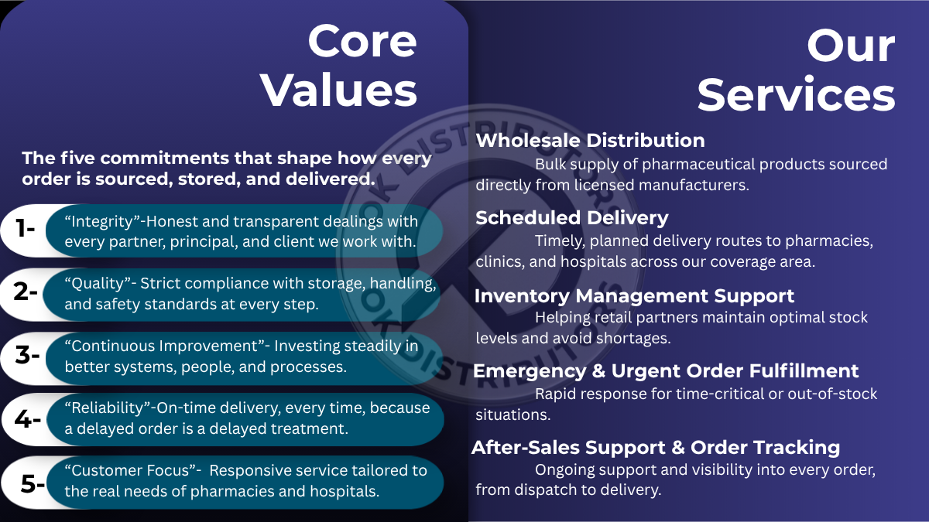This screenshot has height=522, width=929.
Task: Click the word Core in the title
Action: (362, 41)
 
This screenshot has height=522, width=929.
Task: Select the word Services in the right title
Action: (797, 95)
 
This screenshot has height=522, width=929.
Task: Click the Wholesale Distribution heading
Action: (590, 141)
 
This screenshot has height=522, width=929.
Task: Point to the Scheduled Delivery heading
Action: (572, 218)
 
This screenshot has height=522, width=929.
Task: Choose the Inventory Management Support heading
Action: (634, 295)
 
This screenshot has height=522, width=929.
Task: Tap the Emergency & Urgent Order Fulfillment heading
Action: (666, 371)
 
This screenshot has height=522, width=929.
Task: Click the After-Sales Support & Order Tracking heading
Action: (656, 448)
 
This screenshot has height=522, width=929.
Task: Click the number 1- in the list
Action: (25, 228)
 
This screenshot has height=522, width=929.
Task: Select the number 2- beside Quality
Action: (26, 292)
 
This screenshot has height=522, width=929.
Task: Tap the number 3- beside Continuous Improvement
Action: (27, 355)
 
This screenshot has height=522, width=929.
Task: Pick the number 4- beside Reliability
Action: (27, 419)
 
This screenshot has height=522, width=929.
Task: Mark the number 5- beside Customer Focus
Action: (33, 483)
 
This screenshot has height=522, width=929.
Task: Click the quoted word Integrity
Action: (102, 222)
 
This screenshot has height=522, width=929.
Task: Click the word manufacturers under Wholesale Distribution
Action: (694, 185)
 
